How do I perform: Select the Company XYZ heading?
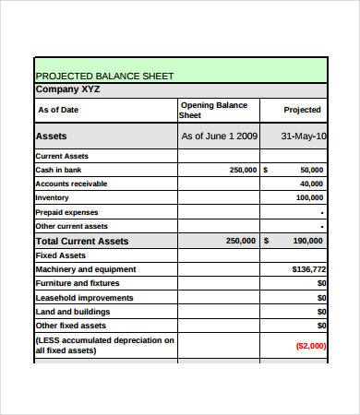(x=67, y=89)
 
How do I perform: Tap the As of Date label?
(x=58, y=110)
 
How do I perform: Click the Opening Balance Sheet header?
(x=214, y=110)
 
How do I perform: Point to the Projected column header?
(x=303, y=110)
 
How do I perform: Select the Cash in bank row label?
(x=59, y=170)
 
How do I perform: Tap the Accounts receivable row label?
(x=71, y=184)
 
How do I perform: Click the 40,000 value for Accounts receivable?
(x=311, y=184)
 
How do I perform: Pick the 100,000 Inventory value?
(x=309, y=197)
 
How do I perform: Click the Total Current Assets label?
(x=81, y=241)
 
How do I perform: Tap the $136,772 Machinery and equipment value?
(x=308, y=269)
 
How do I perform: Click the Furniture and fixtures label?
(x=77, y=283)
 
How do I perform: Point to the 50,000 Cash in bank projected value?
(x=312, y=170)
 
